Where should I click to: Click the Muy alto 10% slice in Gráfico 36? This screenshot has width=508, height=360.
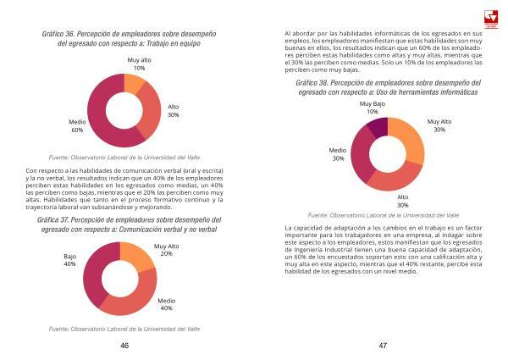click(x=134, y=83)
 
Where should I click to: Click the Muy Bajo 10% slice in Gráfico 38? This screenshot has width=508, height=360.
click(x=378, y=126)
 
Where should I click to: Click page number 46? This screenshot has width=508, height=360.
click(x=124, y=346)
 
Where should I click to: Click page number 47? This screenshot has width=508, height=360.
click(x=383, y=346)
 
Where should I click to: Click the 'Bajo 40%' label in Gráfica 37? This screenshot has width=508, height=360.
click(x=69, y=259)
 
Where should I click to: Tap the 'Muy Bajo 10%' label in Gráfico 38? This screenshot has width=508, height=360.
click(x=373, y=108)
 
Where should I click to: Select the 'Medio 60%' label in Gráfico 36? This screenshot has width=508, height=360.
click(x=77, y=126)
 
